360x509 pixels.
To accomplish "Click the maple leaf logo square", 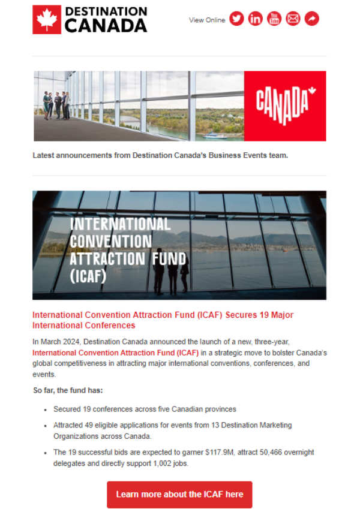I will pyautogui.click(x=47, y=19).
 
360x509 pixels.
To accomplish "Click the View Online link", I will pyautogui.click(x=207, y=20).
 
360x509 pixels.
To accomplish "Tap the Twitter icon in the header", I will pyautogui.click(x=237, y=19).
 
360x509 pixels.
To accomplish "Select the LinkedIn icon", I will pyautogui.click(x=256, y=19).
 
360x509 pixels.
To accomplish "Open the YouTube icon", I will pyautogui.click(x=274, y=19).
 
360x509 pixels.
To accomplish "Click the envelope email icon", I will pyautogui.click(x=293, y=19).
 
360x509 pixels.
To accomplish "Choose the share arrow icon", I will pyautogui.click(x=311, y=19).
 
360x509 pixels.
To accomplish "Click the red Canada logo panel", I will pyautogui.click(x=285, y=106).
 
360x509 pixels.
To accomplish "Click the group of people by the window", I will pyautogui.click(x=56, y=104).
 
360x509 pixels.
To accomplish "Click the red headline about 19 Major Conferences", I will pyautogui.click(x=163, y=320).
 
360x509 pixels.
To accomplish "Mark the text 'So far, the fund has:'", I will pyautogui.click(x=68, y=391).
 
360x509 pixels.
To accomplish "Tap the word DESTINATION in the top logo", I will pyautogui.click(x=106, y=11).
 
